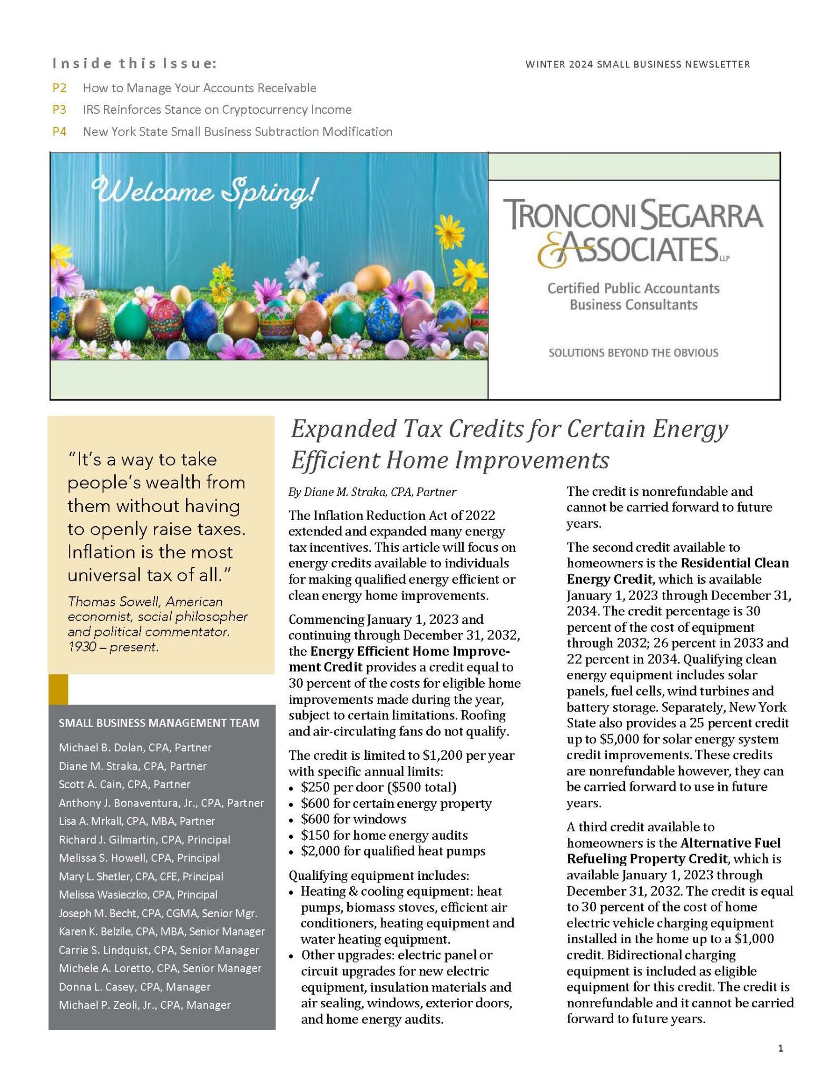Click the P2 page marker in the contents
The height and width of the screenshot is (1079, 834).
[60, 88]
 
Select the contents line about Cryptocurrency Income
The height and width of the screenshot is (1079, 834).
[217, 110]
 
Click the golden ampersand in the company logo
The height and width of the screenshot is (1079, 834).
[551, 252]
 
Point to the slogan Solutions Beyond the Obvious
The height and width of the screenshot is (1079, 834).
[633, 352]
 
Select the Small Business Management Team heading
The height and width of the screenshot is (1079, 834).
[159, 723]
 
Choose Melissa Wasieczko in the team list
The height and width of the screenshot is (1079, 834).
[138, 895]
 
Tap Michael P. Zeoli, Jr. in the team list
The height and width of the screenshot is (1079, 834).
[144, 1005]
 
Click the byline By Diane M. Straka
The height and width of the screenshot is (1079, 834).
[372, 492]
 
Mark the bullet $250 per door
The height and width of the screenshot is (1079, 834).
[378, 787]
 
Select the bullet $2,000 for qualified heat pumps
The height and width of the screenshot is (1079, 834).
[393, 851]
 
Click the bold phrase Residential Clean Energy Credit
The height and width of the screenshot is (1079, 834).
[678, 571]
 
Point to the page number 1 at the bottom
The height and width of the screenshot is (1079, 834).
[780, 1048]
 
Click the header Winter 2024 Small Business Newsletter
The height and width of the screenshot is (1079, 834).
[637, 64]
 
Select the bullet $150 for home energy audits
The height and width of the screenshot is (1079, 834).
[384, 835]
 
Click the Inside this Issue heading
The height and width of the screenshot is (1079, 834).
[134, 64]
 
